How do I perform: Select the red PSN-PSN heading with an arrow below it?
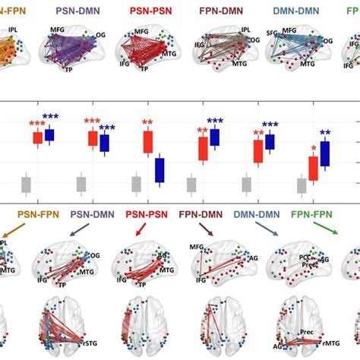(147, 215)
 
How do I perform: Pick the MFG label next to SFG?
(289, 30)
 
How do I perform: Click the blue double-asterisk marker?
(325, 134)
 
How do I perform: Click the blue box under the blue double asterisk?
(325, 153)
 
